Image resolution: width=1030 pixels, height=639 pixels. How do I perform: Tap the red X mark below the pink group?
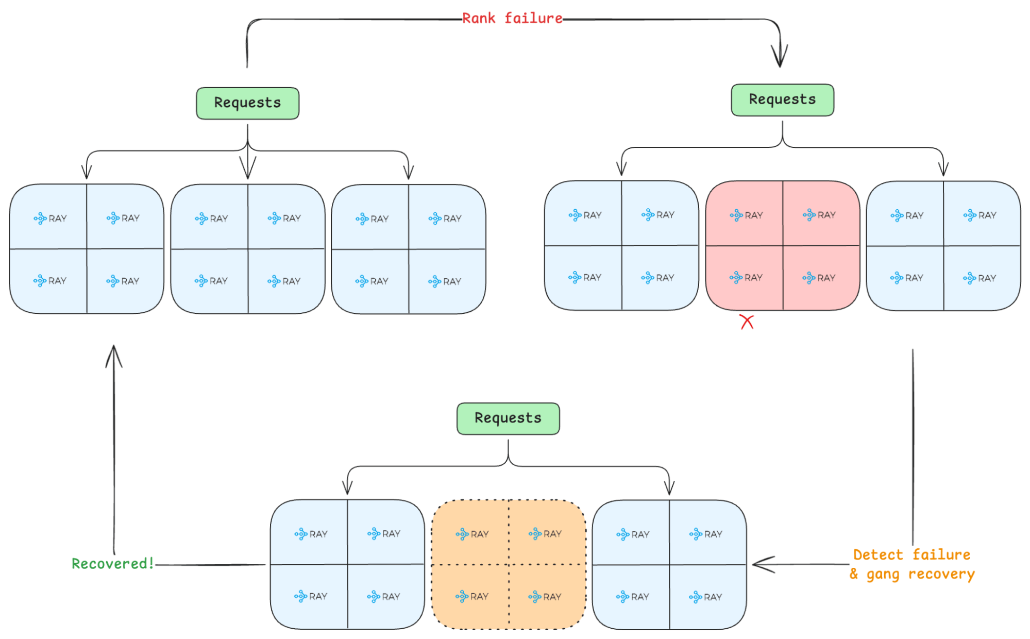[x=747, y=322]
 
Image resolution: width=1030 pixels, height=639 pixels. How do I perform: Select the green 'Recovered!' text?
[x=112, y=563]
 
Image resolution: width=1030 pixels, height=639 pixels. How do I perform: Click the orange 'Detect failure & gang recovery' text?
[x=911, y=564]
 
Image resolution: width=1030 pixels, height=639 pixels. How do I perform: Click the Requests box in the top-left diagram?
[x=247, y=103]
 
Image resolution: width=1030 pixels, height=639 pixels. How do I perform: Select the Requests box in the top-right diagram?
[x=782, y=100]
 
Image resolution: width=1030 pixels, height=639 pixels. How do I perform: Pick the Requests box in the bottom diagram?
[x=508, y=418]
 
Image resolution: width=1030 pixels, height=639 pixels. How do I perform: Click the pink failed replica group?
[x=782, y=245]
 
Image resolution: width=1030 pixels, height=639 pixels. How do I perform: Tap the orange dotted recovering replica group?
[x=509, y=564]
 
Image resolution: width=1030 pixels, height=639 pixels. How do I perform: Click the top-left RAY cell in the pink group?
[x=745, y=214]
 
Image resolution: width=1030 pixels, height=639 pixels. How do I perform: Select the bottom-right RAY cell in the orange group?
[x=546, y=597]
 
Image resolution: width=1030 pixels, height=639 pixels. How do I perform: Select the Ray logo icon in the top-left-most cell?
[x=40, y=218]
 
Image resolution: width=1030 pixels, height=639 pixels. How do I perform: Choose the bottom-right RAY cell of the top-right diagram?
[x=981, y=278]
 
